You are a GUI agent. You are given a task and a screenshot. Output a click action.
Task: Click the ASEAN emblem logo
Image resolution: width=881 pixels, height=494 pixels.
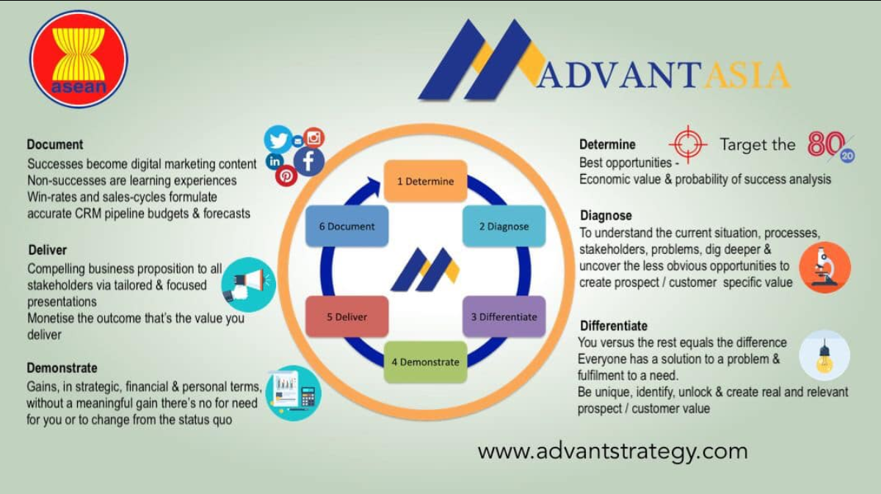(x=79, y=59)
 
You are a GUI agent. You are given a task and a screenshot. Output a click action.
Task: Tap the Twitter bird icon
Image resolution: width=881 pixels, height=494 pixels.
(x=278, y=139)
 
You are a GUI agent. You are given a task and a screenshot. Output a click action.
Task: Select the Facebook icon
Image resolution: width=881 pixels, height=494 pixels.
(x=309, y=161)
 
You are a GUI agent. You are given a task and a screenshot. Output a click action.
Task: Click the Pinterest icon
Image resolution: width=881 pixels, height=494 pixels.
(x=286, y=176)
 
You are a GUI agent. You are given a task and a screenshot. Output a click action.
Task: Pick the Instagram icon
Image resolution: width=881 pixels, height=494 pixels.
(x=314, y=138)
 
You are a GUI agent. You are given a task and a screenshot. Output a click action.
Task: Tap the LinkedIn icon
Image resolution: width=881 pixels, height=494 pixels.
(x=275, y=161)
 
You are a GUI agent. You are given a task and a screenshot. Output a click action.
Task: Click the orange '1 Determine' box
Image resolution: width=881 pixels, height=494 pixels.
(x=426, y=181)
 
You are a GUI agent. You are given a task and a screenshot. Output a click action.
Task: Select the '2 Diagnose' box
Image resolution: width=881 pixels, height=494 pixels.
(x=504, y=226)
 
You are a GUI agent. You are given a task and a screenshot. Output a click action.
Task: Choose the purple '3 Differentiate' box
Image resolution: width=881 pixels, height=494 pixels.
(x=504, y=316)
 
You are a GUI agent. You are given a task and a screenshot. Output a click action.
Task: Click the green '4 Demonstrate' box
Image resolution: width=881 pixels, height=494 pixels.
(x=426, y=362)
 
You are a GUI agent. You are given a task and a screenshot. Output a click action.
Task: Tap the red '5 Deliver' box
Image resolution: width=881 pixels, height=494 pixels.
(x=347, y=316)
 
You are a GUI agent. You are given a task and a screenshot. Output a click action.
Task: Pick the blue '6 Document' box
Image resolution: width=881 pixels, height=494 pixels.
(x=347, y=226)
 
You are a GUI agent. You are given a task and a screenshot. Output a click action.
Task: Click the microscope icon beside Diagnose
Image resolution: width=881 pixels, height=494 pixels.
(x=824, y=267)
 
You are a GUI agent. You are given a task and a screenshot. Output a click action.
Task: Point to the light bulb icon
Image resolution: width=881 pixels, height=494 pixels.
(x=824, y=355)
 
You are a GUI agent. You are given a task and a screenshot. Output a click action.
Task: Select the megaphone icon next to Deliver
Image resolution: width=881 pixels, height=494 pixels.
(x=249, y=285)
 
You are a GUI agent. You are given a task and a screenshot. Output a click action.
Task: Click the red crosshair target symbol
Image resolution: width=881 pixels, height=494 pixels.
(x=688, y=145)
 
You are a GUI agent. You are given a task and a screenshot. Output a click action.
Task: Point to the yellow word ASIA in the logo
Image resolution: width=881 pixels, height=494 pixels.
(x=746, y=76)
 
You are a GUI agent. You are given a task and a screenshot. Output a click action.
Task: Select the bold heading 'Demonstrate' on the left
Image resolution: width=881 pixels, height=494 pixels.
(x=62, y=368)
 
